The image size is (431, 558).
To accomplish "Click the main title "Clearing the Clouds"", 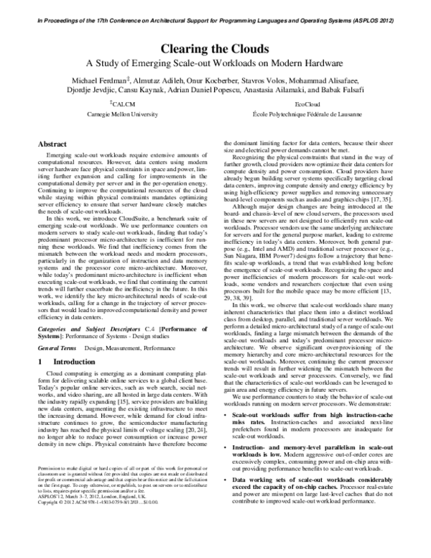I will (215, 49).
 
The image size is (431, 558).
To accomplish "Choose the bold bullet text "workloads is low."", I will (266, 485).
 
